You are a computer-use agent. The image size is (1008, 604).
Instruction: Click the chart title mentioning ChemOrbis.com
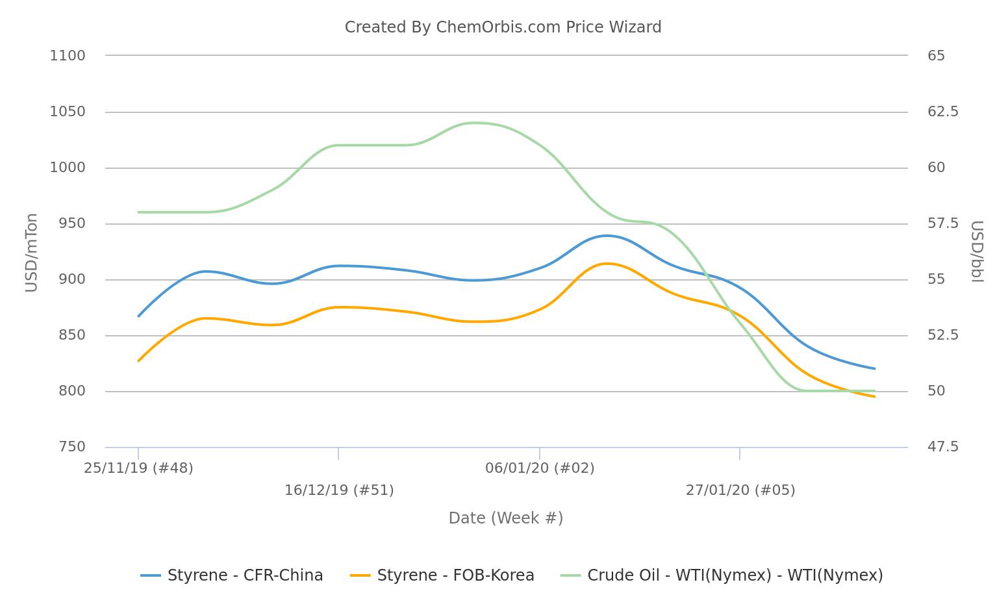[x=503, y=27]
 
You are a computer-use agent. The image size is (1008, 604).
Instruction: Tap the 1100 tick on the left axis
[x=68, y=56]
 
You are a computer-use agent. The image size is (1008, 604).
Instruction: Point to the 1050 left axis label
[x=68, y=112]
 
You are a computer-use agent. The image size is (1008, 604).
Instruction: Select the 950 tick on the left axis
[x=71, y=223]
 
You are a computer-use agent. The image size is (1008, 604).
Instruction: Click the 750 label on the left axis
[x=71, y=447]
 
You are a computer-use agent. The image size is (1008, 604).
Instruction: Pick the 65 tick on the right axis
[x=936, y=56]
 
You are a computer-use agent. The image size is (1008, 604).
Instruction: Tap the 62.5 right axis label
[x=942, y=112]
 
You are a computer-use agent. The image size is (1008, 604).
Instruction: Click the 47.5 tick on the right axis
[x=942, y=447]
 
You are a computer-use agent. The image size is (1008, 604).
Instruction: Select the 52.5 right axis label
[x=942, y=335]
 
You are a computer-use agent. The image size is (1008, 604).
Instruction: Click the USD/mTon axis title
[x=31, y=253]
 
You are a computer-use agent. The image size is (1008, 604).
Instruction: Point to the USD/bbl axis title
[x=977, y=252]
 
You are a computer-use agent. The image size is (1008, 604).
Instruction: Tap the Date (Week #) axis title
[x=505, y=518]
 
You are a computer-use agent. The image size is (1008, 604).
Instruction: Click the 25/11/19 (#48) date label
[x=138, y=468]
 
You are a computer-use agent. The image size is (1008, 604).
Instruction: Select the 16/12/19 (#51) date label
[x=339, y=490]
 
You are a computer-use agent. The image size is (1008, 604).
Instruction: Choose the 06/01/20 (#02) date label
[x=540, y=468]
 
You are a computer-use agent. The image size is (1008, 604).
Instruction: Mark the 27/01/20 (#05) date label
[x=740, y=490]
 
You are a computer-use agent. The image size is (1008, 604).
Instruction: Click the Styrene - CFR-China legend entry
[x=232, y=575]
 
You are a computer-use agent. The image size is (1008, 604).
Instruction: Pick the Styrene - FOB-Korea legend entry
[x=442, y=575]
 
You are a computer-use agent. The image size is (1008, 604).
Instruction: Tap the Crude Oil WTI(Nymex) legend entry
[x=721, y=575]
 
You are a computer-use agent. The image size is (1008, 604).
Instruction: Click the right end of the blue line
[x=874, y=368]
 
